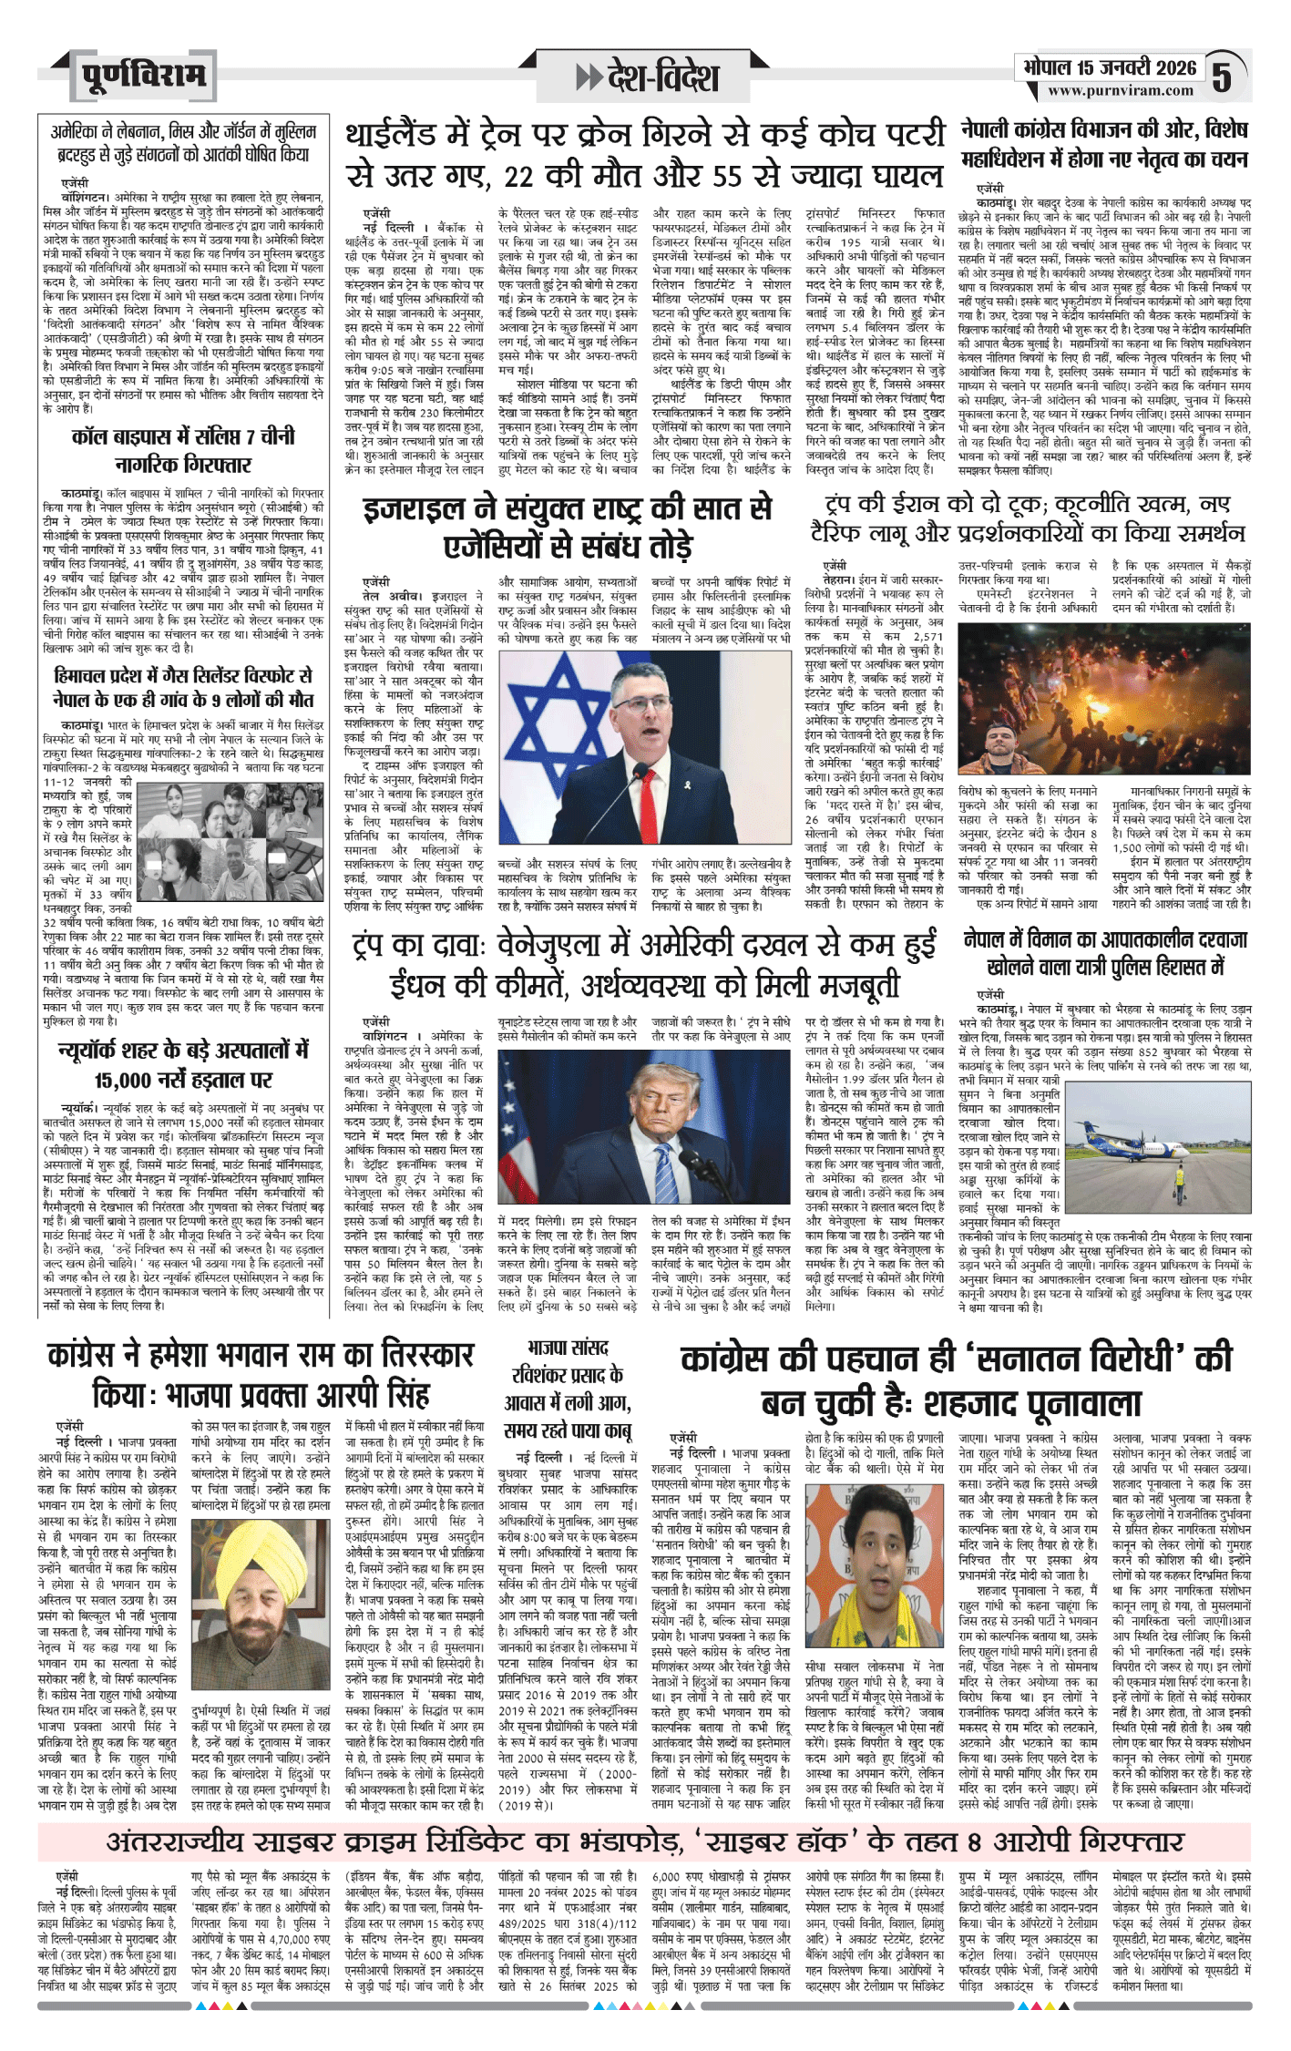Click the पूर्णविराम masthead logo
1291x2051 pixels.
point(142,76)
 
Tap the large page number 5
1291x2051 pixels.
point(1222,77)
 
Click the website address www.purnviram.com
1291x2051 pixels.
point(1120,90)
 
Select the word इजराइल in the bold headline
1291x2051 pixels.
point(418,508)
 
